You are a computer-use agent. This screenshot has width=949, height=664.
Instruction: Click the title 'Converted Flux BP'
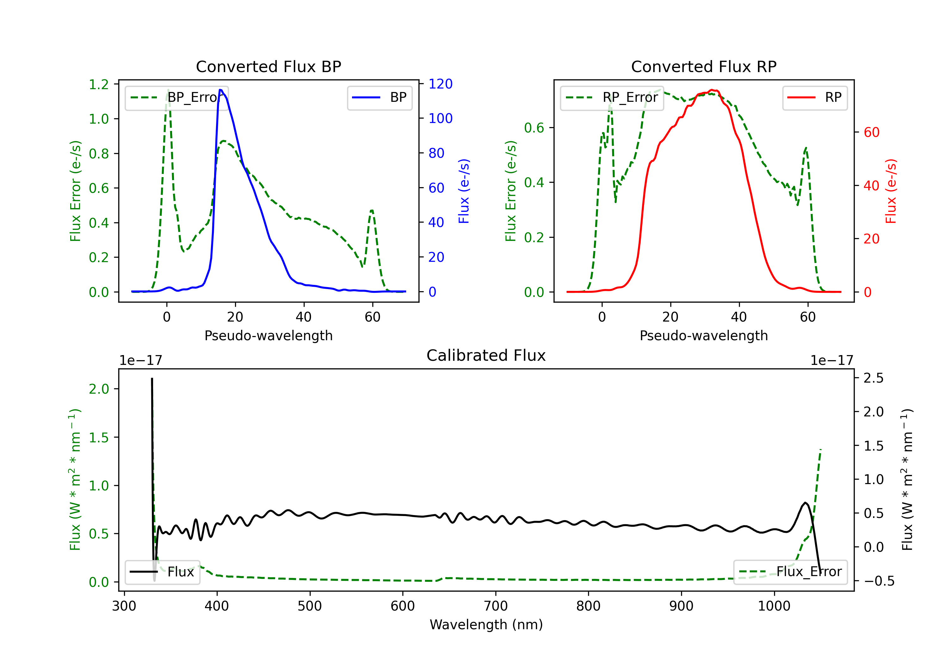click(268, 66)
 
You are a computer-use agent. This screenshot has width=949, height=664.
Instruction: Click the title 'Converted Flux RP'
click(704, 66)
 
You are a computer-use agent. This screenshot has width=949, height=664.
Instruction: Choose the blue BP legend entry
click(379, 97)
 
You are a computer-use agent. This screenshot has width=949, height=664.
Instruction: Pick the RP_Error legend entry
click(612, 97)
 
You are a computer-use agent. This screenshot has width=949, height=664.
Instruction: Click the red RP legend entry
click(814, 97)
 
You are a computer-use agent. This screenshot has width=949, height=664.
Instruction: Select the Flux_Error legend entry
click(790, 572)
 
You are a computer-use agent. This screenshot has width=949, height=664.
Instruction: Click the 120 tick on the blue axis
click(440, 84)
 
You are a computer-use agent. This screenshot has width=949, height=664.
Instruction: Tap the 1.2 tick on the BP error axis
click(99, 84)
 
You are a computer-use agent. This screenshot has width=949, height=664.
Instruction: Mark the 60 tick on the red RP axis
click(871, 132)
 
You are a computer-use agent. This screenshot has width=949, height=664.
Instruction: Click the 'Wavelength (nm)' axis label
click(486, 624)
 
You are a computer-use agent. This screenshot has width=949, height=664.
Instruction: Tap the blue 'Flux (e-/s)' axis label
click(464, 191)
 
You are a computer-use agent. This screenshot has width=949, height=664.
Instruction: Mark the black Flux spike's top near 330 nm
click(152, 378)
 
